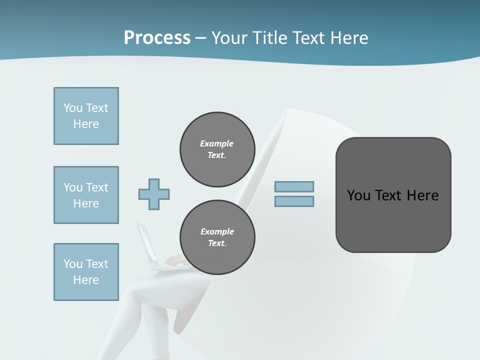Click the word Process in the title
click(157, 38)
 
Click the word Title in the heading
click(269, 38)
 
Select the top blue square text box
click(86, 116)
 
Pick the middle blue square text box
click(86, 195)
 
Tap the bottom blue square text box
click(86, 272)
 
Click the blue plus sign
click(154, 194)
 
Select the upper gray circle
click(217, 149)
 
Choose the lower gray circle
click(217, 237)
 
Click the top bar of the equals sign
click(294, 187)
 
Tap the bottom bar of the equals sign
click(294, 201)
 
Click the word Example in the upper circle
click(216, 143)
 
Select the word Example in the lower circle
click(217, 231)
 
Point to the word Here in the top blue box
click(86, 124)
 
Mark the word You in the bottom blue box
click(73, 264)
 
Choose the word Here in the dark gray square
click(423, 195)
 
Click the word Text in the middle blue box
click(97, 187)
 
